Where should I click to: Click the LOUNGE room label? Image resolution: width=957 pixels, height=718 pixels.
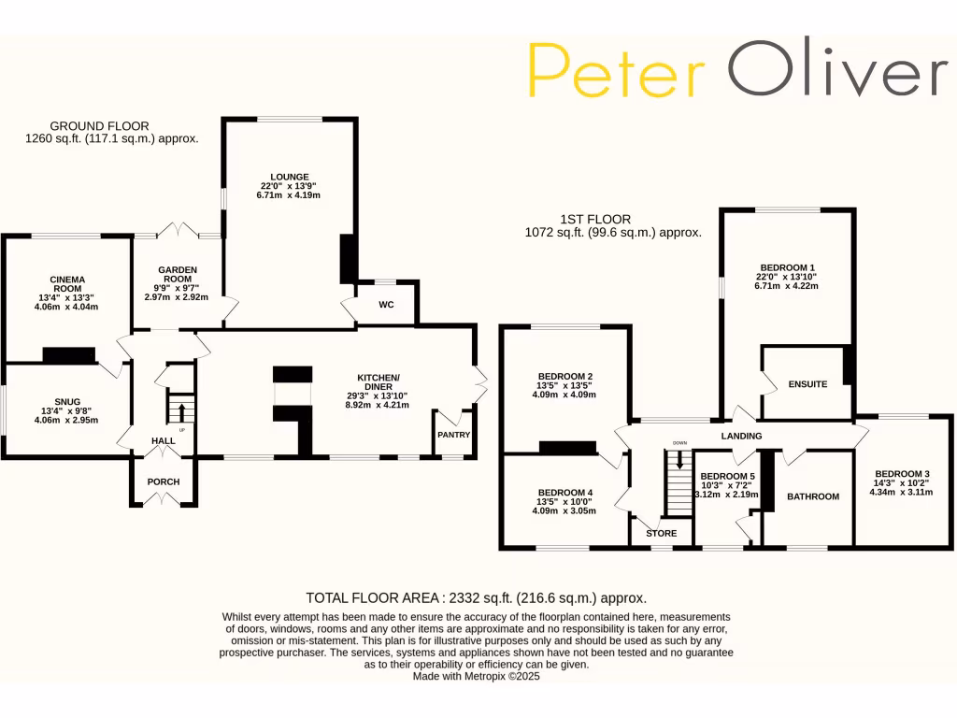point(290,176)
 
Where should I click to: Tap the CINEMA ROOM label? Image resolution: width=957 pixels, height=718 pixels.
point(67,284)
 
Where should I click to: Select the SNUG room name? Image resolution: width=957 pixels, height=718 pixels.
point(66,400)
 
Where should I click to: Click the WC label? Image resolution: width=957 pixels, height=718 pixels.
point(386,305)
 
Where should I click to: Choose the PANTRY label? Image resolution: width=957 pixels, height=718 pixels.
point(453,435)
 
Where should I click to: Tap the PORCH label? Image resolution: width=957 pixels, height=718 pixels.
point(164,482)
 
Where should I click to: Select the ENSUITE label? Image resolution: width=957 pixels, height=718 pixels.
point(807,384)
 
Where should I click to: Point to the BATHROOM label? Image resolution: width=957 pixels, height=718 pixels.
point(812,496)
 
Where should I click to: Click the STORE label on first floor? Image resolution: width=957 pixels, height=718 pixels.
point(662,534)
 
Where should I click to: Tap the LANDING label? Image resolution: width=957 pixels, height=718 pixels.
point(741,436)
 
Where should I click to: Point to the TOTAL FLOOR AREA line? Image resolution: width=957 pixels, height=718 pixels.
point(477,597)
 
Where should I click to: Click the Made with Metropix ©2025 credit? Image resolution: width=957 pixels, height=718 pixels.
point(477,676)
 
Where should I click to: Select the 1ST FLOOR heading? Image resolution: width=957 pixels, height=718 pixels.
point(594,219)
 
